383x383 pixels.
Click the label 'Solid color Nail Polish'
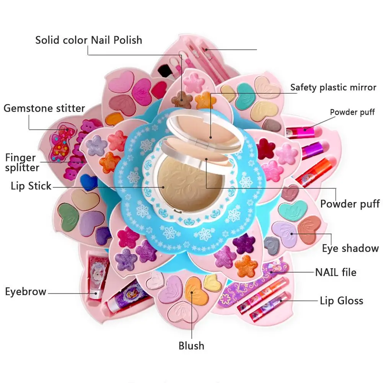click(89, 40)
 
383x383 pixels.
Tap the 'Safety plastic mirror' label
click(333, 87)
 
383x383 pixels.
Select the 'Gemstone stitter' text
click(44, 108)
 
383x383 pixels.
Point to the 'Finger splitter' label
click(22, 163)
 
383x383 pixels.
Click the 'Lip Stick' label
click(31, 186)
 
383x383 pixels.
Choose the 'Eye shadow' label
click(350, 248)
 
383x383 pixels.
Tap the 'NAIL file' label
click(336, 272)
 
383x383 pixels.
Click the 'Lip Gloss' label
click(341, 301)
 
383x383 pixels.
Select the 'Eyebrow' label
click(26, 292)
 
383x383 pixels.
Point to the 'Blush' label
click(191, 346)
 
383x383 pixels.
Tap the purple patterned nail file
click(252, 284)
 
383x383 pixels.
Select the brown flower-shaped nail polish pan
click(182, 99)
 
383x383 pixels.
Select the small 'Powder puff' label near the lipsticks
click(352, 112)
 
